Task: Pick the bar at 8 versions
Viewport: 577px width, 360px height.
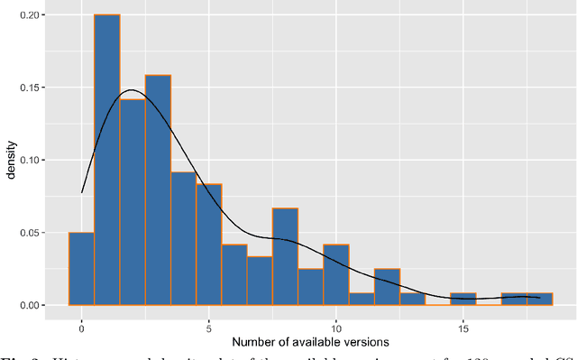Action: (x=285, y=257)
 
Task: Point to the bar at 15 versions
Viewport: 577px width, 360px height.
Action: (x=463, y=300)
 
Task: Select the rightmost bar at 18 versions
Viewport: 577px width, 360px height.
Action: (x=539, y=300)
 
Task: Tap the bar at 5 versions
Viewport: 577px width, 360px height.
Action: (x=208, y=245)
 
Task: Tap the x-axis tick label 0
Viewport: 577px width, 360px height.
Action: (x=81, y=327)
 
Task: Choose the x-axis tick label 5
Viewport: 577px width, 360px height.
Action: (x=208, y=327)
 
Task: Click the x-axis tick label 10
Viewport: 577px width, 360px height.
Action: (x=336, y=327)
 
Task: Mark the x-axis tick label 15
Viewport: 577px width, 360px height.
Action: (x=463, y=327)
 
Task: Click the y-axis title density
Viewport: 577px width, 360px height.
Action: (x=13, y=161)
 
